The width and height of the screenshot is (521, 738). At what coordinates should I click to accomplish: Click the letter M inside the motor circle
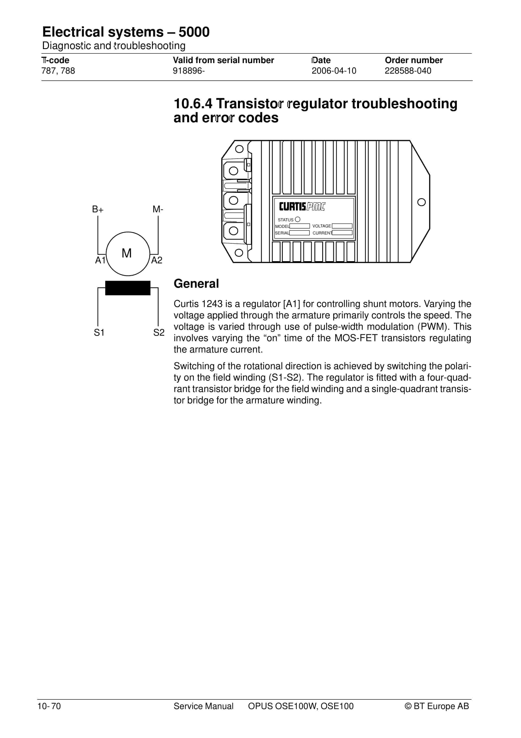[x=127, y=253]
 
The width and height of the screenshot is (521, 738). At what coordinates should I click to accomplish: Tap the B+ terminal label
[x=98, y=209]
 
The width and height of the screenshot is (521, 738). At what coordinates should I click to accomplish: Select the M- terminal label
[x=158, y=209]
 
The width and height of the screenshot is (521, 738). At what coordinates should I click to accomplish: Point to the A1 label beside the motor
[x=100, y=260]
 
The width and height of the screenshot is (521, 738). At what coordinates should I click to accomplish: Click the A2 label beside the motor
[x=157, y=260]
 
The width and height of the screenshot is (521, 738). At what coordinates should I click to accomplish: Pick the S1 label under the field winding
[x=99, y=332]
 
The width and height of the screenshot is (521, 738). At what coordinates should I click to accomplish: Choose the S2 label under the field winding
[x=159, y=332]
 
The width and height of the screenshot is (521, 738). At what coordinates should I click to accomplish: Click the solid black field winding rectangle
[x=128, y=288]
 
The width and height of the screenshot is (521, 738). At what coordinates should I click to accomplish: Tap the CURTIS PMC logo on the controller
[x=302, y=207]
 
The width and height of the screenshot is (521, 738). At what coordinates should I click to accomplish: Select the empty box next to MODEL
[x=299, y=226]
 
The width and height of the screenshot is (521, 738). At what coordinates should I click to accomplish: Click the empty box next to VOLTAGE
[x=342, y=226]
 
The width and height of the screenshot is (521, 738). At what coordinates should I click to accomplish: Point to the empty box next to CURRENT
[x=342, y=233]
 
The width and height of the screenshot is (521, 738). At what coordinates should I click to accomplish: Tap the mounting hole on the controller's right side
[x=421, y=202]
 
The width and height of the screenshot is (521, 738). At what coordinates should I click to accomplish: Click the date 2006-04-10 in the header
[x=334, y=71]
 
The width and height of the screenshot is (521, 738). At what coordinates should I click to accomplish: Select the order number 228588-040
[x=408, y=71]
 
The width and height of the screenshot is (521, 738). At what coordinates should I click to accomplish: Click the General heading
[x=196, y=284]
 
